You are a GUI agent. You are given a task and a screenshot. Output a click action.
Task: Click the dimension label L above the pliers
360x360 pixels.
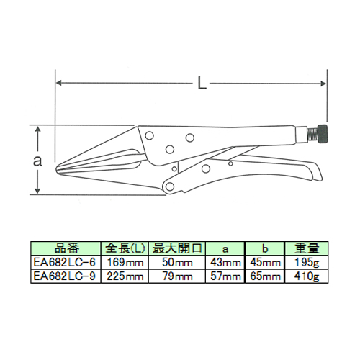click(x=202, y=83)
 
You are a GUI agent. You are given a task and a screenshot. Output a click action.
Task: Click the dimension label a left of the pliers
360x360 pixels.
click(x=37, y=161)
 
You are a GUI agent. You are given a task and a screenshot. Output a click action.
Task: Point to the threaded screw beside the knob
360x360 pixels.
click(x=312, y=135)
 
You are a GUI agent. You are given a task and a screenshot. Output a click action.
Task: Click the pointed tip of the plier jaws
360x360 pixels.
click(x=57, y=168)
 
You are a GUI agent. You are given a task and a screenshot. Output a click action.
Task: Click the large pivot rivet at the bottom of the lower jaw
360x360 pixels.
click(x=170, y=186)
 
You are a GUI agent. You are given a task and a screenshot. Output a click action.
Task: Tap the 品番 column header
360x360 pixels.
click(x=67, y=248)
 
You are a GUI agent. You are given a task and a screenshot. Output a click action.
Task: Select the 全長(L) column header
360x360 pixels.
click(x=125, y=248)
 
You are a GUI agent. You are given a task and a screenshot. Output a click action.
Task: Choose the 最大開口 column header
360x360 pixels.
click(x=177, y=248)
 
